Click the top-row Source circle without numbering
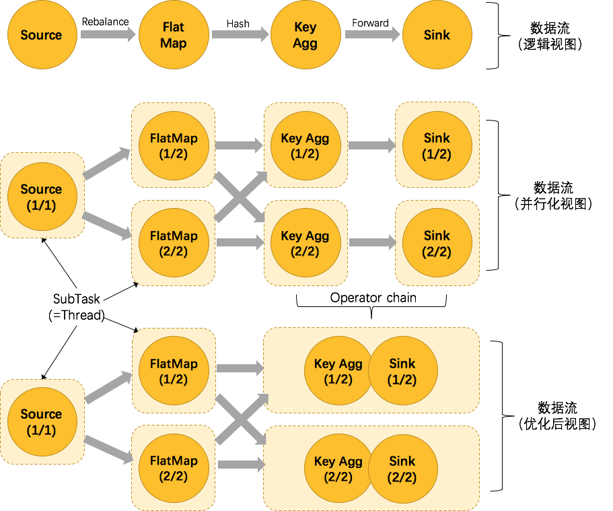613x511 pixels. (x=42, y=35)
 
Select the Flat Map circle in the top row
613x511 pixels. (x=174, y=35)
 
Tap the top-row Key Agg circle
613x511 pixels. (x=305, y=35)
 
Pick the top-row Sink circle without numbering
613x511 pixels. (x=437, y=35)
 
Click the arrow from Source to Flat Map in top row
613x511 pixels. (x=108, y=34)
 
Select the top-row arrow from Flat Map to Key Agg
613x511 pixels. (x=239, y=34)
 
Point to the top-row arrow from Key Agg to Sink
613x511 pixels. (x=371, y=34)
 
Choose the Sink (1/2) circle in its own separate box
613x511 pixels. (x=437, y=145)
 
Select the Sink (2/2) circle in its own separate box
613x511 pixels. (x=437, y=243)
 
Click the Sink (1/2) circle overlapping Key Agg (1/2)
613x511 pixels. (x=407, y=371)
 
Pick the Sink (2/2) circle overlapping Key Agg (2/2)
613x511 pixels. (x=407, y=469)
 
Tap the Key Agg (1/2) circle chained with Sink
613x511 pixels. (x=333, y=371)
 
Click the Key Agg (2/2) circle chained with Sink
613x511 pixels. (x=333, y=469)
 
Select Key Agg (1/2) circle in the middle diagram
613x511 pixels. (x=305, y=145)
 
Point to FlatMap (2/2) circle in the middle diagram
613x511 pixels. (x=174, y=243)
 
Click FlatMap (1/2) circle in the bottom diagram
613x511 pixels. (x=174, y=371)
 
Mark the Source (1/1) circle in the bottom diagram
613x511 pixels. (x=42, y=421)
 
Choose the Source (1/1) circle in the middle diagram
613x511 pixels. (x=42, y=197)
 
